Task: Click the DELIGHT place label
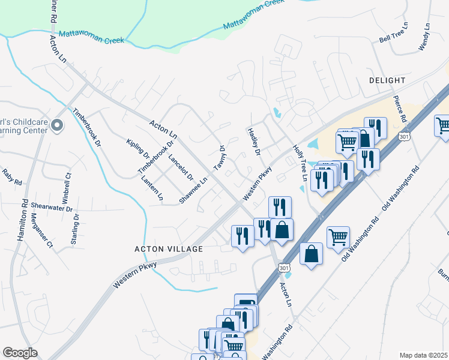click(387, 80)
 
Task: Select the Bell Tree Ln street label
click(393, 34)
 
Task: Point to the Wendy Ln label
click(426, 37)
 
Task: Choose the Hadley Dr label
click(253, 142)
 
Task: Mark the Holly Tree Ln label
click(300, 163)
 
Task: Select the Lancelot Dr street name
click(181, 168)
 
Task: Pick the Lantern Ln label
click(152, 187)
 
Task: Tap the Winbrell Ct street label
click(67, 187)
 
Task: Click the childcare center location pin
click(57, 125)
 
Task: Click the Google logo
click(20, 353)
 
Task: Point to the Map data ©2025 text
click(423, 355)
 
